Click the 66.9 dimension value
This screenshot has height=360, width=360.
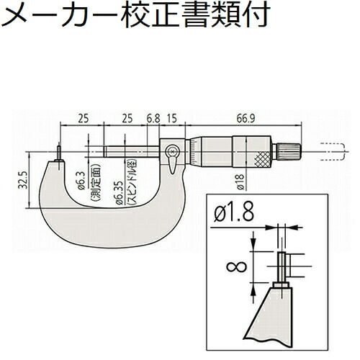click(x=246, y=118)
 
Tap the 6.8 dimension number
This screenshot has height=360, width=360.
click(x=153, y=118)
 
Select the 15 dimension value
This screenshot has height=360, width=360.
click(x=172, y=118)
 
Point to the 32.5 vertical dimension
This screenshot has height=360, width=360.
click(x=23, y=180)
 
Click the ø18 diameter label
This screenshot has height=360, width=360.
click(x=240, y=182)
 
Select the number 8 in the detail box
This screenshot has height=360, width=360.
click(x=237, y=267)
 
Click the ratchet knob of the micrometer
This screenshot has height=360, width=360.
click(x=286, y=152)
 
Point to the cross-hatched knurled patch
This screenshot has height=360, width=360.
click(x=263, y=159)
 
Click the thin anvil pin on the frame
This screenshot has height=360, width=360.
click(x=59, y=153)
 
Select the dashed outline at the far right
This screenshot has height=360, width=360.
click(x=333, y=152)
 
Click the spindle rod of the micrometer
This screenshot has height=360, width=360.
click(x=132, y=152)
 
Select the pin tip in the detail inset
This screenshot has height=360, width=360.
click(x=282, y=267)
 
